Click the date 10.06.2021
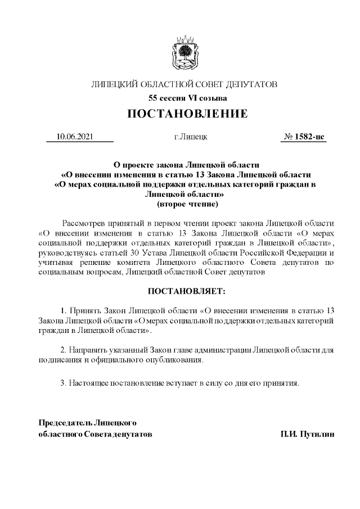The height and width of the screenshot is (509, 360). [75, 137]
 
